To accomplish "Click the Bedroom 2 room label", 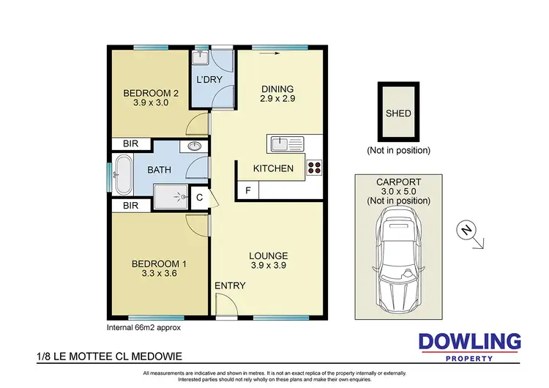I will tap(151, 98).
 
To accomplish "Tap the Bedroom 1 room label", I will tap(154, 269).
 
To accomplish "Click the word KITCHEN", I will tap(273, 168).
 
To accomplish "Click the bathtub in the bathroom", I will tap(122, 173).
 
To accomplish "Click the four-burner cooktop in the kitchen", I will tap(314, 168).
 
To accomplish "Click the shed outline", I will tap(398, 113).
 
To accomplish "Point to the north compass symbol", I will tap(465, 231).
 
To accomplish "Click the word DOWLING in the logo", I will tap(469, 342).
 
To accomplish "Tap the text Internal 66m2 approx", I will tap(139, 328).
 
